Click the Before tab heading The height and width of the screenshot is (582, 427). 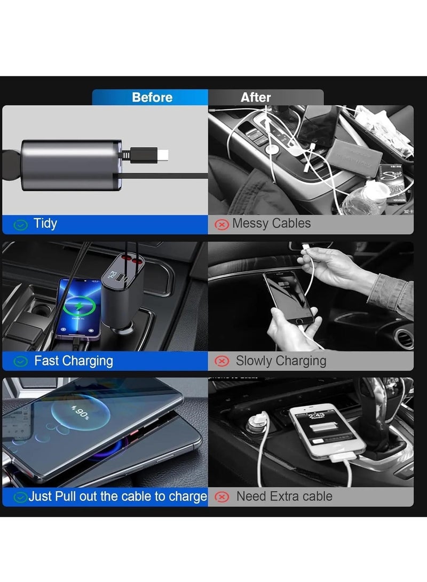pos(152,98)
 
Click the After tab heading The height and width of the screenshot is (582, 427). pos(256,98)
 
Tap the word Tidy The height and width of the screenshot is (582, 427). pos(45,224)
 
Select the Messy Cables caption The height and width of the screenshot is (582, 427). pos(271,224)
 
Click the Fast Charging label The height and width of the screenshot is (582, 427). pos(74,361)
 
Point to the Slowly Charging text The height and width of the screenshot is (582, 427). pos(281,361)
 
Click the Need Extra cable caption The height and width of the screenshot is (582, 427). pos(284,497)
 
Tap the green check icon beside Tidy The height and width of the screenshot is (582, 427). pos(20,225)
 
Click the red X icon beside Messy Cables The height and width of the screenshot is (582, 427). pos(222,225)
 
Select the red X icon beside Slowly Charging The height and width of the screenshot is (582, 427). pos(222,362)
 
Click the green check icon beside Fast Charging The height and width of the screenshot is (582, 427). pos(20,362)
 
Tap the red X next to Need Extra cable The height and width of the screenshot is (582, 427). pos(222,497)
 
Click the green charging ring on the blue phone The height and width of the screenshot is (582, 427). pos(80,308)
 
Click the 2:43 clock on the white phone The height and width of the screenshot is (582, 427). pos(316,416)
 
